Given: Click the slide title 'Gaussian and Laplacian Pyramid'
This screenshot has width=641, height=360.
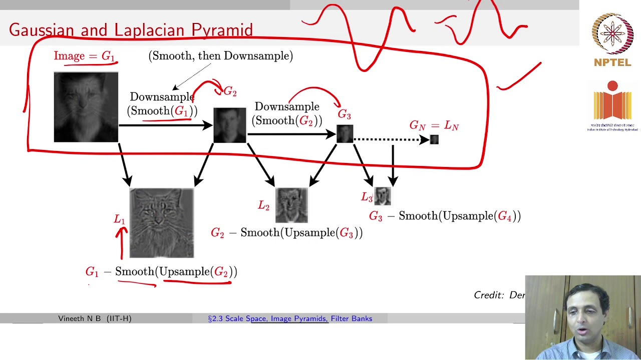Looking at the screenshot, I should tap(131, 30).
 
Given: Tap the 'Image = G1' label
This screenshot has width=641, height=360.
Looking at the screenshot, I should tap(85, 56).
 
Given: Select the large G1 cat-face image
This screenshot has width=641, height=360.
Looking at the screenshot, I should tap(86, 107).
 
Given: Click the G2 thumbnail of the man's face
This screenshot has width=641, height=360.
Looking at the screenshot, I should tap(230, 125).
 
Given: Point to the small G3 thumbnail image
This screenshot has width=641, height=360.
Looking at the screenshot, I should tap(345, 134).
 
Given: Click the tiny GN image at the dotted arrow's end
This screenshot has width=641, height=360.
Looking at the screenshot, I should tap(434, 140).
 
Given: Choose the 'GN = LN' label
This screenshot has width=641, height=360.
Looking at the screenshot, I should tap(434, 125).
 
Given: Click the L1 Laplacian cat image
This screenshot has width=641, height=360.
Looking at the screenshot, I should tap(161, 223).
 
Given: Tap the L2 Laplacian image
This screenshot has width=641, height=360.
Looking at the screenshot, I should tap(291, 205).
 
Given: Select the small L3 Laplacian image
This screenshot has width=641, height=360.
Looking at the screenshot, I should tap(383, 196).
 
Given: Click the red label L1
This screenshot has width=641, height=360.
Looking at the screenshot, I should tap(119, 219).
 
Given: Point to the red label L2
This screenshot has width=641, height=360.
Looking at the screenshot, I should tap(264, 205).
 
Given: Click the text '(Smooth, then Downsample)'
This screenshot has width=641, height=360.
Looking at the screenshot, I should tap(221, 56).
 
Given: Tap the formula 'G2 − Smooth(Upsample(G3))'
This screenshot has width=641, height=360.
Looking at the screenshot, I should tap(286, 233).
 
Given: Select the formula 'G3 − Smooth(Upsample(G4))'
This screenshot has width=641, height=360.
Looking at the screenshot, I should tap(445, 216).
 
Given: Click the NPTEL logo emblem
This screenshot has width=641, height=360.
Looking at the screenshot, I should tap(612, 34).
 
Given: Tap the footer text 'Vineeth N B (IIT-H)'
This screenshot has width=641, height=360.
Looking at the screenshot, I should tap(95, 318).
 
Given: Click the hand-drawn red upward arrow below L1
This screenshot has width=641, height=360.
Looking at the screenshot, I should tap(121, 242).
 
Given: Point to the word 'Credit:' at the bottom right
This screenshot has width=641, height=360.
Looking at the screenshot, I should tap(489, 295).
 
